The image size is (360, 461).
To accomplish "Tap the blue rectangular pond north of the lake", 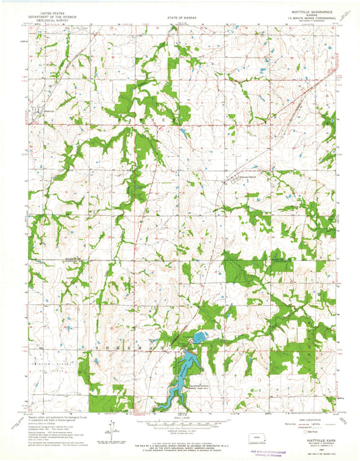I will coord(201,335).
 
